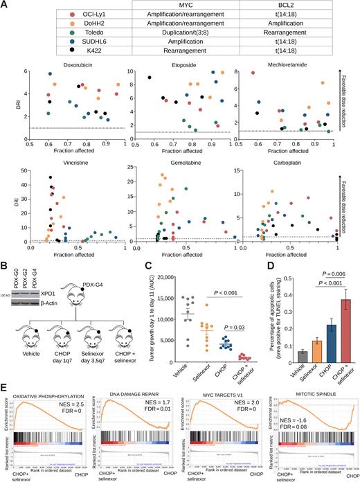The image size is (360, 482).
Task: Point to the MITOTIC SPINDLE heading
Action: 312,378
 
